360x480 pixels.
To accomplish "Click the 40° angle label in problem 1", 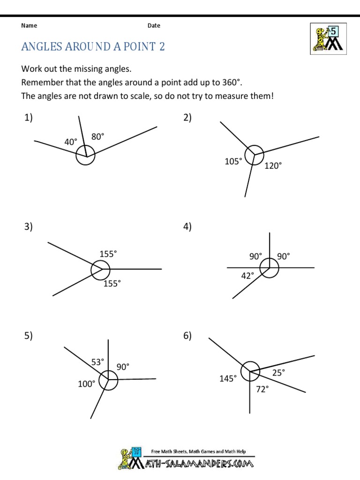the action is [x=71, y=142].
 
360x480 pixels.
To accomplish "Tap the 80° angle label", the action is [x=97, y=137].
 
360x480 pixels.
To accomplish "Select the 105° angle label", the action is [x=233, y=162].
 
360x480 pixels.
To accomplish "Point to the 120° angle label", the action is [x=273, y=165].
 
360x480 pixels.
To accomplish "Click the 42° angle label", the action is [x=247, y=276].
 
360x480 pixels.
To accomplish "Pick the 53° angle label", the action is [x=97, y=362].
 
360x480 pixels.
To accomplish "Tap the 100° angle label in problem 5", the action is [x=87, y=384].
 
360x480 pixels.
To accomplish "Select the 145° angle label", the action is [x=228, y=378].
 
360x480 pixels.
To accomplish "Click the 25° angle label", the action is [x=278, y=372].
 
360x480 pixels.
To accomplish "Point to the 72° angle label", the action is [x=262, y=389].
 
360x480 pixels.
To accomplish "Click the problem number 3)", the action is [x=29, y=227].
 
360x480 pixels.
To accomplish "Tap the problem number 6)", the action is [x=187, y=336].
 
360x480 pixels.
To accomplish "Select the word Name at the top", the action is [x=29, y=26].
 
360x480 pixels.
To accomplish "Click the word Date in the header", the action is [x=154, y=26].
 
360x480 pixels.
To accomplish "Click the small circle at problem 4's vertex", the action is [x=270, y=268].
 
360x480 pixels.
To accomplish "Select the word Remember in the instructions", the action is [x=40, y=83].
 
